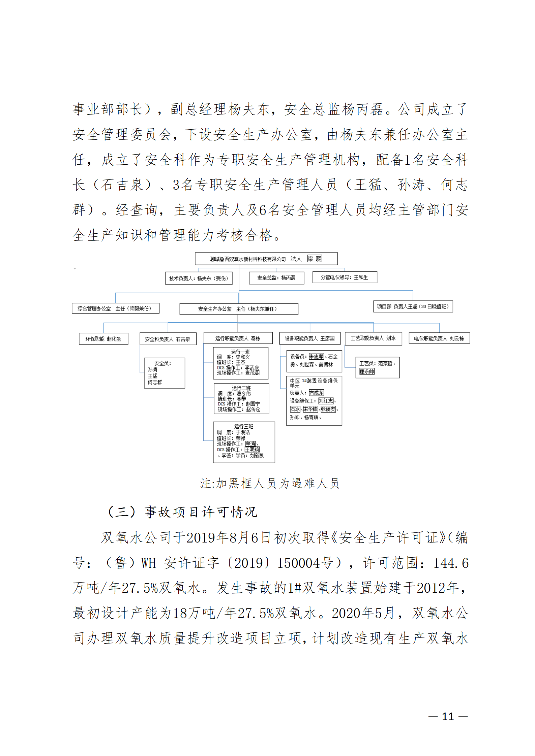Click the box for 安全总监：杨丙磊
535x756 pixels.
[x=276, y=278]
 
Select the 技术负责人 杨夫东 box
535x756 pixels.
[x=199, y=278]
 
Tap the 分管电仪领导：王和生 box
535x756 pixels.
[x=344, y=277]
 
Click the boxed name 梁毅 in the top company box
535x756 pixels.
[x=315, y=259]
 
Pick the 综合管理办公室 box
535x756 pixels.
[x=115, y=308]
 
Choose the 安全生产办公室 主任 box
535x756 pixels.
[x=239, y=309]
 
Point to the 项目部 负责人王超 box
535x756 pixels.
[x=413, y=306]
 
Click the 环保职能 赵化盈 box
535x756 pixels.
[x=103, y=339]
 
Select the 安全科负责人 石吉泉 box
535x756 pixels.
[x=168, y=339]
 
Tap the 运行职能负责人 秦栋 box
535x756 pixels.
[x=238, y=338]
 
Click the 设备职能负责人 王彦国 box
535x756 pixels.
[x=309, y=338]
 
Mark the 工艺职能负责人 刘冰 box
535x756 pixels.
[x=373, y=338]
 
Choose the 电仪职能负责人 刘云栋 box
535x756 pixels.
[x=439, y=338]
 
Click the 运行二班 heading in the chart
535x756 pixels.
[x=241, y=388]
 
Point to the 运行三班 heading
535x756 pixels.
[x=244, y=426]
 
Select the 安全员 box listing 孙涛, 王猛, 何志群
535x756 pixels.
[x=164, y=373]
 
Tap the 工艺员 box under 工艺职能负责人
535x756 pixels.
[x=377, y=367]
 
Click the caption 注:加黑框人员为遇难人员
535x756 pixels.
[x=269, y=483]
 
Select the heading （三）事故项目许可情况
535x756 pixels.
[x=182, y=512]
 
